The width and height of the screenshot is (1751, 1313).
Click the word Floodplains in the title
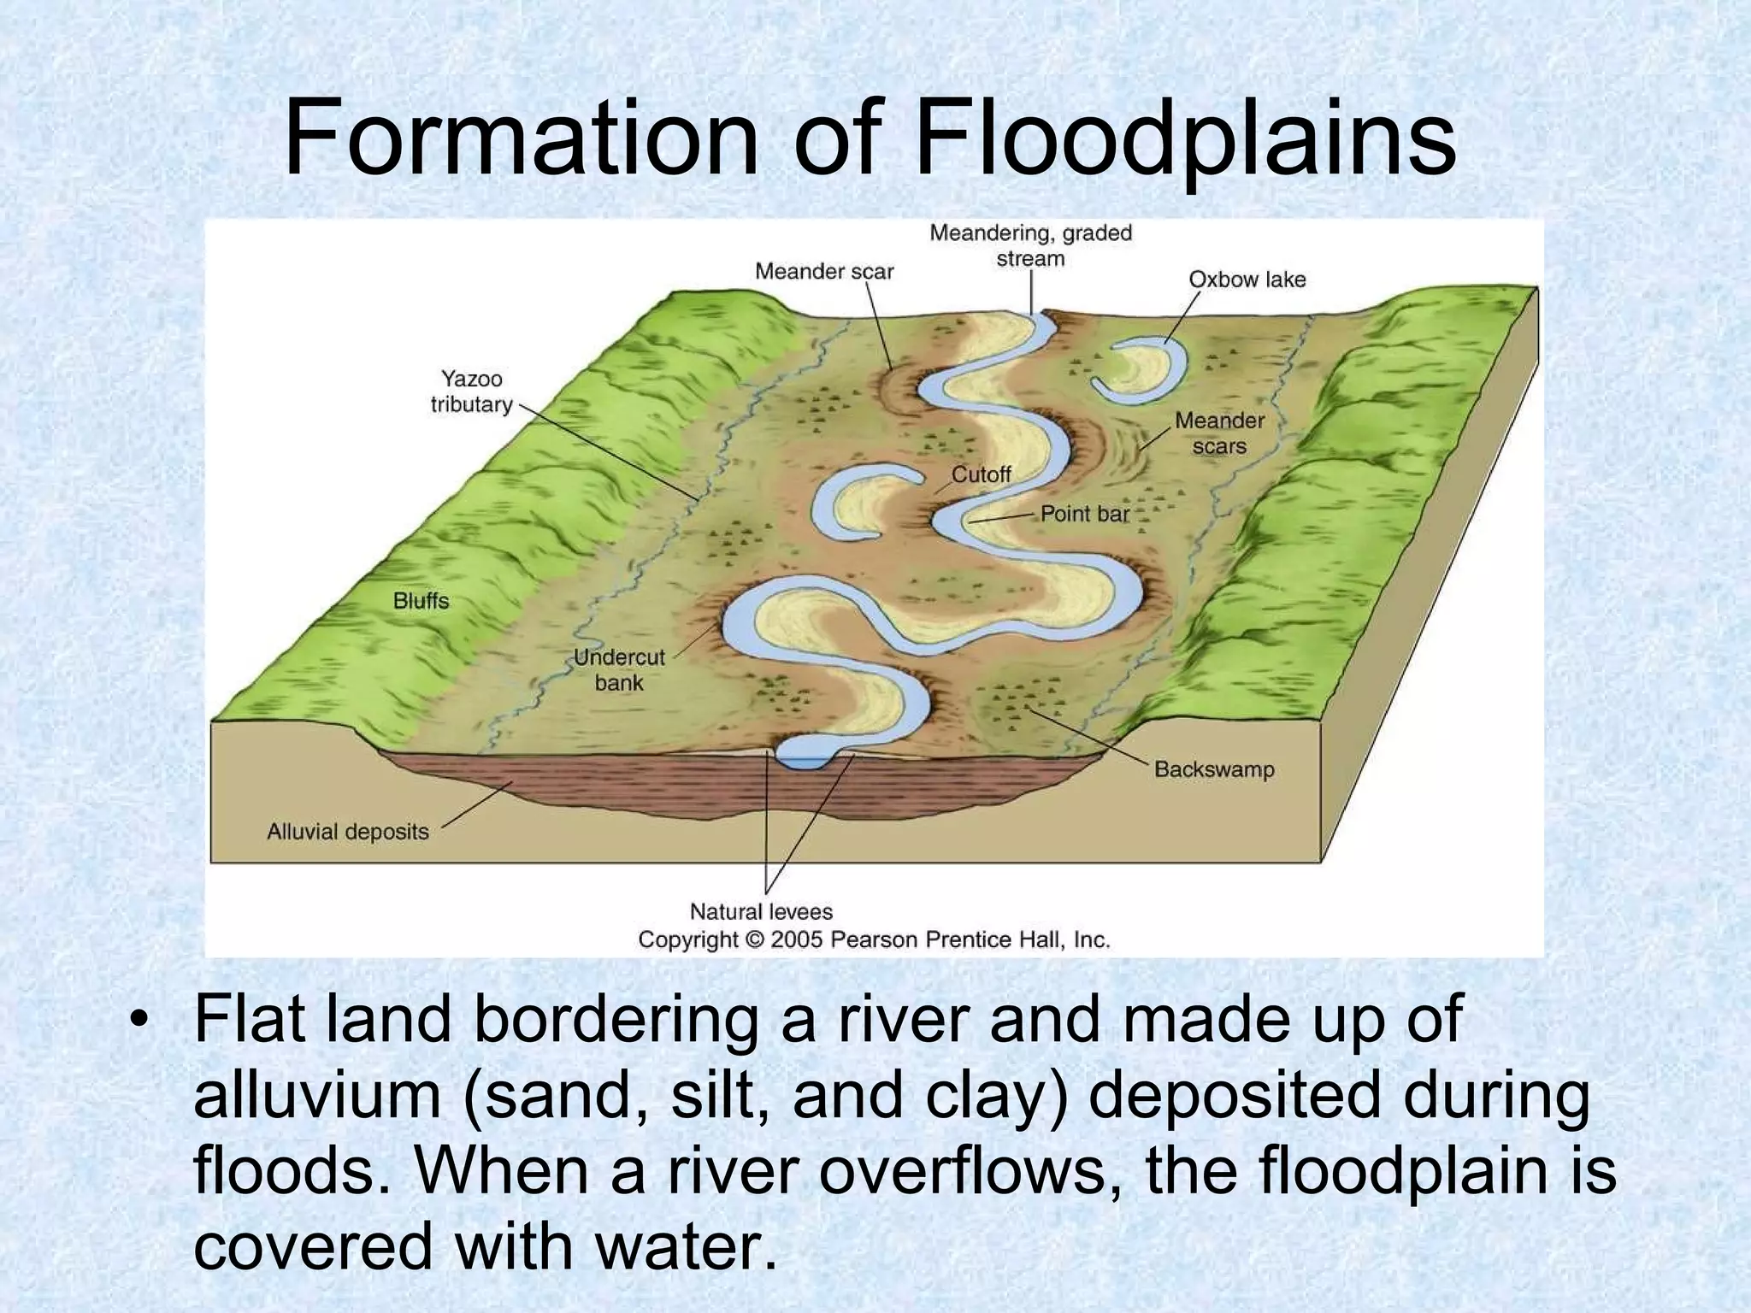tap(1186, 139)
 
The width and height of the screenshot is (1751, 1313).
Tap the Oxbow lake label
tap(1247, 280)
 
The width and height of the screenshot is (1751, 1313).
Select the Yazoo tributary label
tap(471, 392)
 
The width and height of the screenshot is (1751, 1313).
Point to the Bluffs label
tap(421, 601)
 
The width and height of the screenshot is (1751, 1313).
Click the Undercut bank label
tap(619, 669)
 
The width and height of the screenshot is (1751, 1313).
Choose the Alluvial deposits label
tap(348, 832)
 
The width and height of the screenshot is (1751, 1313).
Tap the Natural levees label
tap(761, 912)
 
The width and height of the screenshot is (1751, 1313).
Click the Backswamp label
tap(1214, 769)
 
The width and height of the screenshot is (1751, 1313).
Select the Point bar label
tap(1085, 514)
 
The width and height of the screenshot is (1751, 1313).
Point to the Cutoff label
tap(981, 474)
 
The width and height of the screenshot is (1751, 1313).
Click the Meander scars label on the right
tap(1219, 433)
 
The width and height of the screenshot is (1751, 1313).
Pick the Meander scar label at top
tap(823, 272)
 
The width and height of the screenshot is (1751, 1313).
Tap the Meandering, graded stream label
tap(1030, 245)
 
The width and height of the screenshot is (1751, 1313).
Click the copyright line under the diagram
tap(874, 940)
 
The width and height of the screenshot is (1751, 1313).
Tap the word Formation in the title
tap(520, 139)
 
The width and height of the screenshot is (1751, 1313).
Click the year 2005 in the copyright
tap(796, 940)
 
